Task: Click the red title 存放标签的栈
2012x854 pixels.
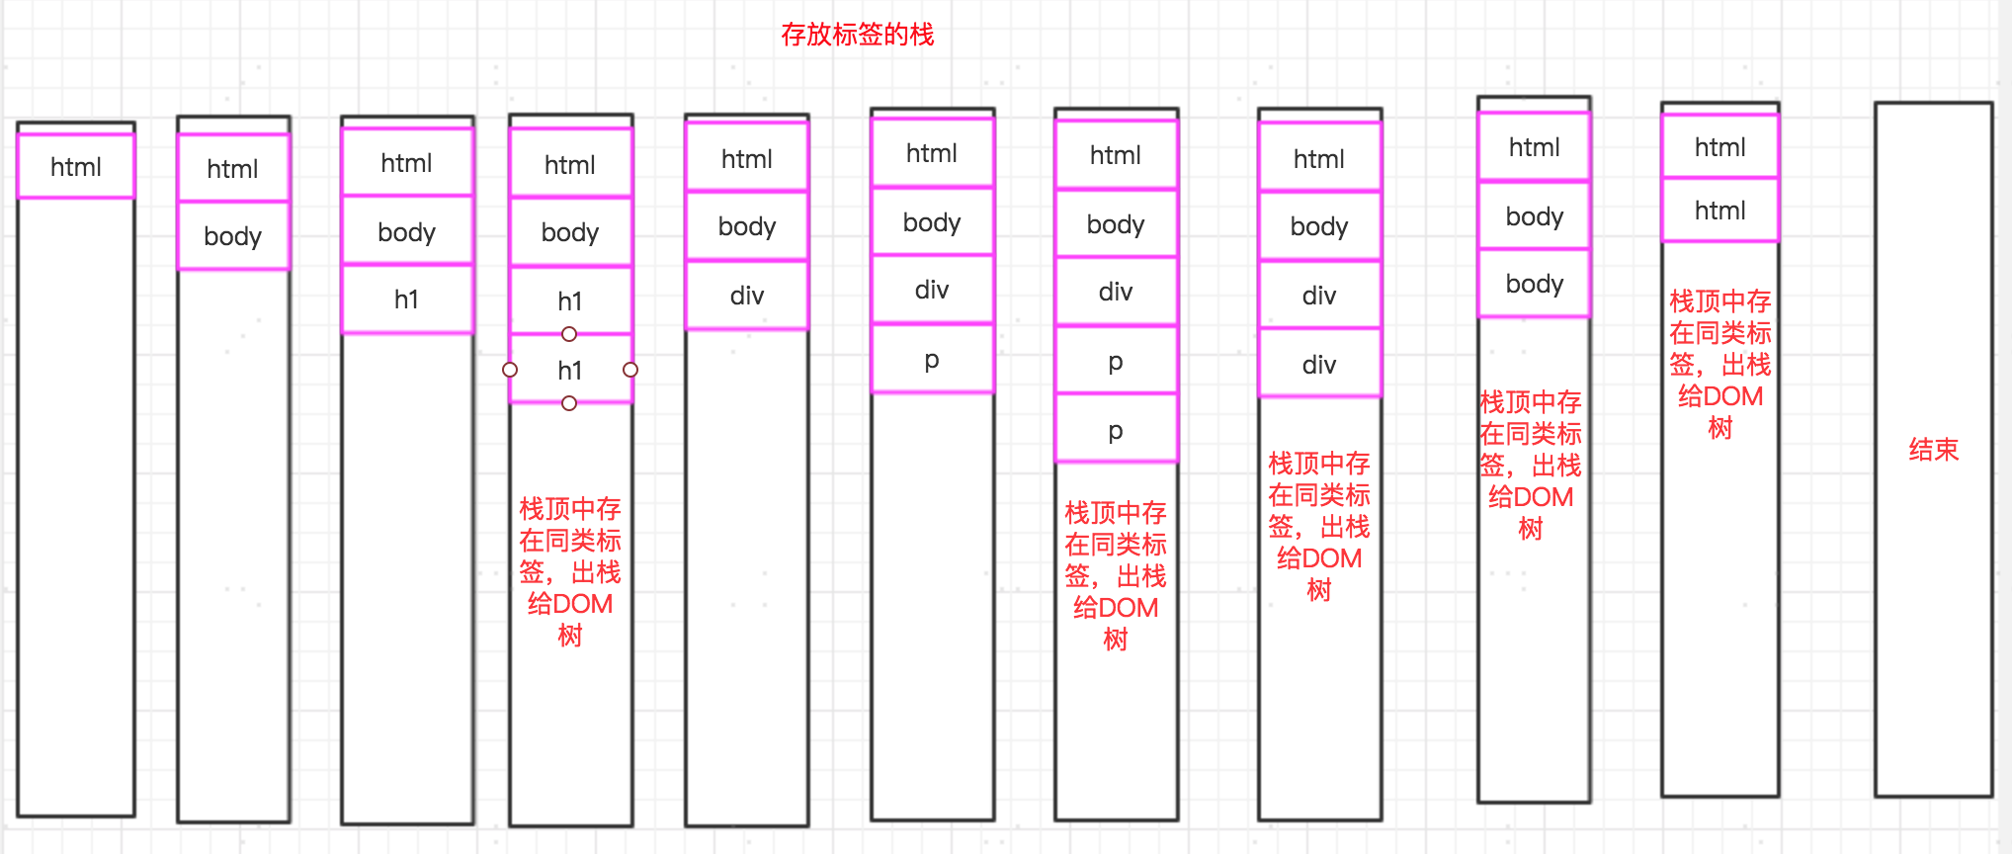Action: (x=857, y=35)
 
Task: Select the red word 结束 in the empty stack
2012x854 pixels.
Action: (x=1933, y=450)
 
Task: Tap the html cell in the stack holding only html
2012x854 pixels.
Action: (x=76, y=167)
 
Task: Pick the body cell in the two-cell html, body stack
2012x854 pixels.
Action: (x=233, y=236)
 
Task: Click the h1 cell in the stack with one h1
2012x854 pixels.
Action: (x=406, y=299)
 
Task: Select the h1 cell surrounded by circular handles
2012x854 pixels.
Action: (x=570, y=371)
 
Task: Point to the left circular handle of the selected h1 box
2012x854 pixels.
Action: (x=510, y=370)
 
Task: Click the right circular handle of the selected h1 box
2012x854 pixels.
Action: (x=630, y=370)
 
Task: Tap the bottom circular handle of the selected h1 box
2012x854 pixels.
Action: (x=569, y=403)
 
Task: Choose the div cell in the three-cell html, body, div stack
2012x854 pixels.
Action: (x=747, y=296)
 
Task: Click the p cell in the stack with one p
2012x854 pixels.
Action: (x=932, y=359)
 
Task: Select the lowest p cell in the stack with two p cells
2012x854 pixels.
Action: (x=1116, y=430)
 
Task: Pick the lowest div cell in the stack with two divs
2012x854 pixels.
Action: (x=1319, y=365)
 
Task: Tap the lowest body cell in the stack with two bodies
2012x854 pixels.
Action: (x=1534, y=284)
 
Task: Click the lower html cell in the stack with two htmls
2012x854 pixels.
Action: (x=1719, y=211)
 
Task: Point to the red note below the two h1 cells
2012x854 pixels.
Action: (x=570, y=572)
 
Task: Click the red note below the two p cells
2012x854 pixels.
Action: (x=1116, y=576)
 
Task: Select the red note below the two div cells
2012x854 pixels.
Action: (x=1319, y=527)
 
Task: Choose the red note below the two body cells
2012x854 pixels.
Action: (x=1531, y=466)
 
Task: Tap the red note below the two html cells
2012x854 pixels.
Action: (x=1720, y=365)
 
